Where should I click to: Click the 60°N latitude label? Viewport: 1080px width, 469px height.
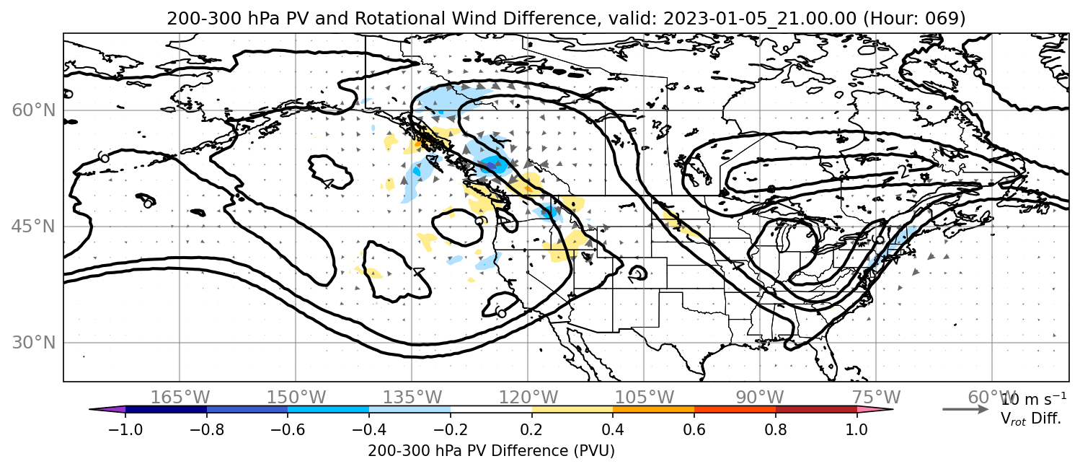pyautogui.click(x=34, y=110)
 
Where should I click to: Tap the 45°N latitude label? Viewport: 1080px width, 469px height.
pyautogui.click(x=34, y=227)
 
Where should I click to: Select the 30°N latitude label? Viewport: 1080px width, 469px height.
pyautogui.click(x=34, y=343)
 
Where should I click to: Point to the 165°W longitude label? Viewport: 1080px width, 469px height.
pyautogui.click(x=180, y=398)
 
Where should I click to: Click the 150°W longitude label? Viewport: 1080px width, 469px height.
pyautogui.click(x=296, y=398)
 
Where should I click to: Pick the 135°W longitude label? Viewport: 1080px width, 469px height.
pyautogui.click(x=412, y=398)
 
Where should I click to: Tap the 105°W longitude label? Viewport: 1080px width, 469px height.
pyautogui.click(x=644, y=398)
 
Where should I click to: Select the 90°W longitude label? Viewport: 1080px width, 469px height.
pyautogui.click(x=760, y=398)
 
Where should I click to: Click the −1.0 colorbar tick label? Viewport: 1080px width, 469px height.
pyautogui.click(x=125, y=429)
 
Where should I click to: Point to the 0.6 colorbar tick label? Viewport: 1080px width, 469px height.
pyautogui.click(x=694, y=429)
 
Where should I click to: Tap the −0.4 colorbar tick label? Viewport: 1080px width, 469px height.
pyautogui.click(x=369, y=429)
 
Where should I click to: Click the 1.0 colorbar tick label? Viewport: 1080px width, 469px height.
pyautogui.click(x=857, y=429)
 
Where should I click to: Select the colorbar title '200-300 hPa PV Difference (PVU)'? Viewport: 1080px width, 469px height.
pyautogui.click(x=491, y=451)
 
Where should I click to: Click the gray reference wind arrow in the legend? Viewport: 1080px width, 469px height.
pyautogui.click(x=965, y=410)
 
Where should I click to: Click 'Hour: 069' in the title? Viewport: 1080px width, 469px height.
pyautogui.click(x=914, y=18)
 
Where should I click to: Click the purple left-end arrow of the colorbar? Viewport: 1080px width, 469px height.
pyautogui.click(x=107, y=410)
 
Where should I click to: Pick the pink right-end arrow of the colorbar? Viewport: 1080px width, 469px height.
pyautogui.click(x=875, y=410)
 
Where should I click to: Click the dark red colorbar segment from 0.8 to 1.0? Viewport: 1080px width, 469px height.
pyautogui.click(x=816, y=410)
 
